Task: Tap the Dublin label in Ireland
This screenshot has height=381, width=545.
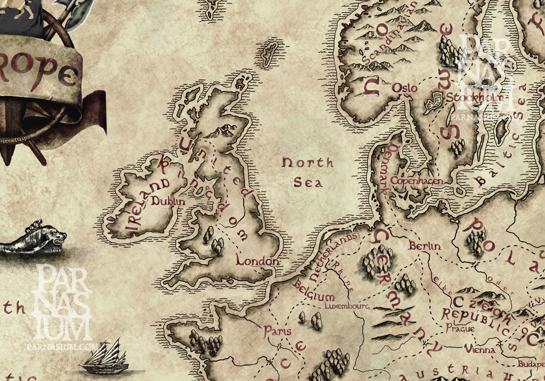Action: tap(168, 202)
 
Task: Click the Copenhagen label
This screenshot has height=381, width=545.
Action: tap(416, 181)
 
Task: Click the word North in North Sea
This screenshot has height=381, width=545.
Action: tap(308, 163)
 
